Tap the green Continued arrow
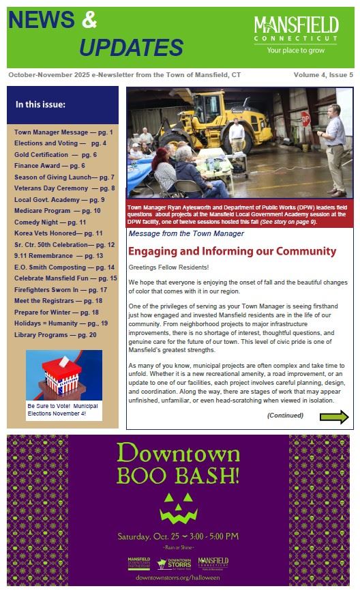coord(334,417)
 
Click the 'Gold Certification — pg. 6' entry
coord(55,155)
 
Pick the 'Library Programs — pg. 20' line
coord(55,335)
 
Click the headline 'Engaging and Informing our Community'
coord(232,251)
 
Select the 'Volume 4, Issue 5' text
coord(323,74)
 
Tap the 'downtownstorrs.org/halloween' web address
coord(178,577)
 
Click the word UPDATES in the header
coord(131,47)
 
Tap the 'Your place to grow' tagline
coord(296,50)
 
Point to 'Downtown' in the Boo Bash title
coord(179,454)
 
